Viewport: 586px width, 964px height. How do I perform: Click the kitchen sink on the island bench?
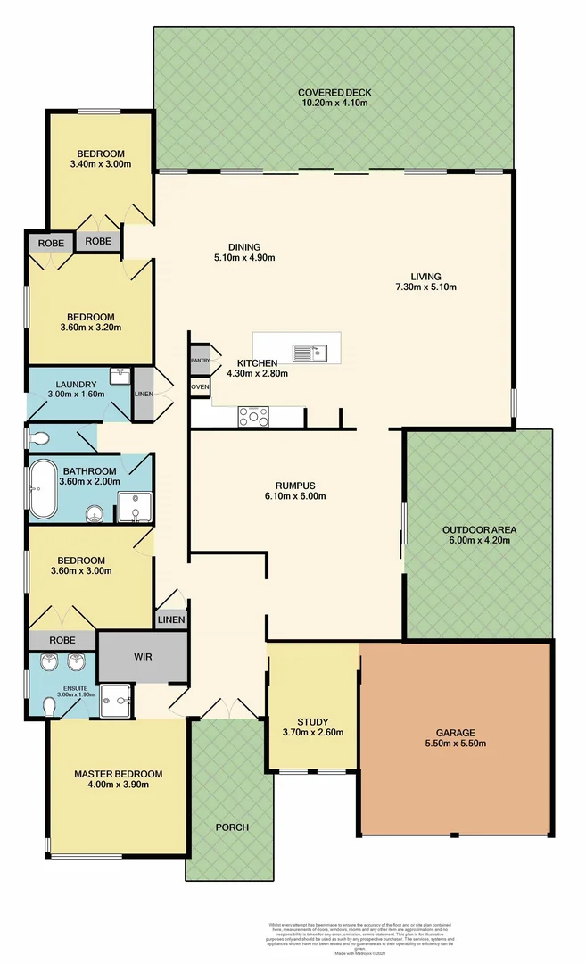tap(311, 353)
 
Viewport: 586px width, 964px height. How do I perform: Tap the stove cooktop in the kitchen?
tap(252, 415)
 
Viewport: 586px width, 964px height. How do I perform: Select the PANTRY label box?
tap(199, 360)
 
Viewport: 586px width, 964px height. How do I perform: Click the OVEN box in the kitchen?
tap(199, 387)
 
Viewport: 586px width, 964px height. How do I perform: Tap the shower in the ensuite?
tap(115, 700)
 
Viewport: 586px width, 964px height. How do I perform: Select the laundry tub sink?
tap(120, 376)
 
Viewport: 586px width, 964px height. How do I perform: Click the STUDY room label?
tap(313, 722)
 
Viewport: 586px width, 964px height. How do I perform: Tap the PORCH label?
tap(232, 827)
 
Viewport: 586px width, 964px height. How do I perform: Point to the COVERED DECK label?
tap(334, 92)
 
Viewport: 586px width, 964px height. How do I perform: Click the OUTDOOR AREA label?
tap(479, 529)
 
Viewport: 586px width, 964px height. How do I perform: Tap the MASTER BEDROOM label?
tap(118, 773)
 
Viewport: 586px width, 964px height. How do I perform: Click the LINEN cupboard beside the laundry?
tap(143, 394)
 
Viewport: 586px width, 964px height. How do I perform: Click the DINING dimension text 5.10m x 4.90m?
tap(243, 259)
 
